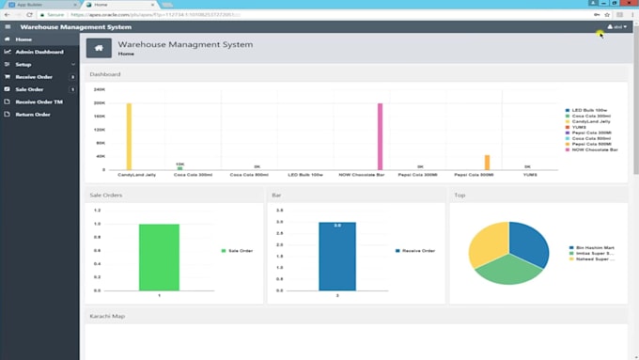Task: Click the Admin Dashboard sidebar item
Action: tap(39, 52)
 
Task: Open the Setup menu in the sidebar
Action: tap(23, 64)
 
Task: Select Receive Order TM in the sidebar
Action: tap(39, 102)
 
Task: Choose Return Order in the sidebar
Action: tap(33, 114)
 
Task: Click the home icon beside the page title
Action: tap(99, 48)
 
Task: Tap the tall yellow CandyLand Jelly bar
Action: tap(129, 136)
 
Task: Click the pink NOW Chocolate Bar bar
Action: tap(381, 136)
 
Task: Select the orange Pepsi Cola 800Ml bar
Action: tap(487, 163)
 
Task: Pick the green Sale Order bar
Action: tap(159, 257)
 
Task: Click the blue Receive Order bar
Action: tap(336, 256)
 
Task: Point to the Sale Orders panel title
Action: tap(106, 195)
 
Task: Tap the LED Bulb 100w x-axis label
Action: tap(305, 175)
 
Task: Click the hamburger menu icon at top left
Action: tap(7, 27)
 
